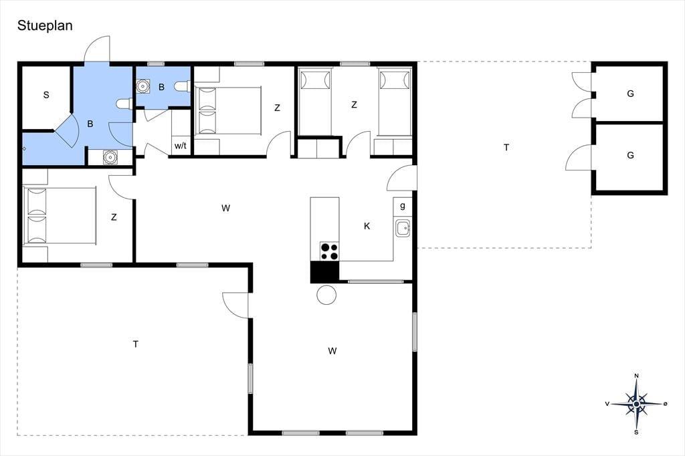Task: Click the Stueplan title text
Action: pos(45,26)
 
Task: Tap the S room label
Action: pos(46,95)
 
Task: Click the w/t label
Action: pos(181,146)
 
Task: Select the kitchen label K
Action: pos(367,226)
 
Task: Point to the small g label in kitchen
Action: pos(402,205)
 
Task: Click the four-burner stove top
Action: pos(329,251)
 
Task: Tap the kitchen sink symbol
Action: pos(403,227)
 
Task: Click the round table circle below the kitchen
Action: pos(326,295)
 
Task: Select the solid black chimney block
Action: pos(324,271)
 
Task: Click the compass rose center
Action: pos(637,404)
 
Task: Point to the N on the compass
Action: pos(637,376)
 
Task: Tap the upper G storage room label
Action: pos(630,94)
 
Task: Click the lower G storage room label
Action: pos(630,155)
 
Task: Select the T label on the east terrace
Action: pos(506,148)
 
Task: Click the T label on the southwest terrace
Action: pos(136,344)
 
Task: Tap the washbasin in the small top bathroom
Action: pos(142,86)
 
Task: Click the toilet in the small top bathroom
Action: pos(181,86)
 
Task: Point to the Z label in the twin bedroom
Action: pos(354,105)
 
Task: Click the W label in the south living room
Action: pos(332,351)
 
